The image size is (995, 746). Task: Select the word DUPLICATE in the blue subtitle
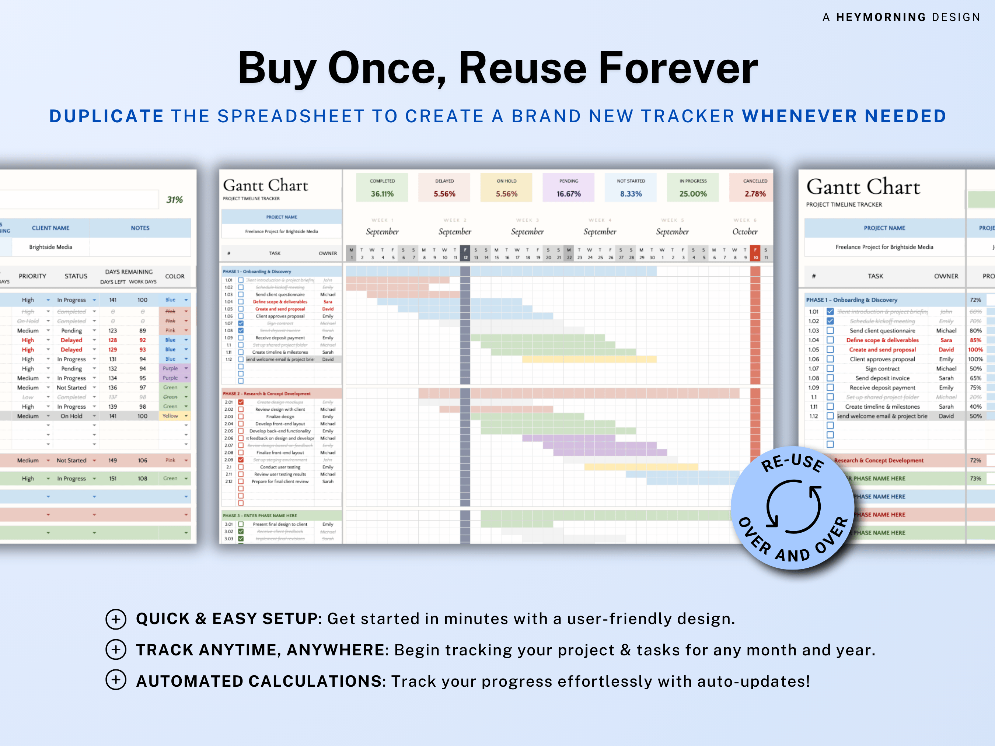[106, 116]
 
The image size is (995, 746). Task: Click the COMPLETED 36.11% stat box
[382, 188]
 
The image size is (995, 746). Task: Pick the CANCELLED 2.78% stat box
[755, 188]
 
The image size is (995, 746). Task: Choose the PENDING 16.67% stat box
[569, 188]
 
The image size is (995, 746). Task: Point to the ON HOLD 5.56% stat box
[506, 188]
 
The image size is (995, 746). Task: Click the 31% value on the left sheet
[175, 200]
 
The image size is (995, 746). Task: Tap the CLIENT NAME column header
[50, 228]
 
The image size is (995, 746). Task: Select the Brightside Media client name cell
[50, 247]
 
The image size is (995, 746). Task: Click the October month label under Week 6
[744, 232]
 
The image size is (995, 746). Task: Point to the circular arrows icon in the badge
[793, 506]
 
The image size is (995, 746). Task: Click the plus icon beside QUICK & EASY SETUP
[116, 619]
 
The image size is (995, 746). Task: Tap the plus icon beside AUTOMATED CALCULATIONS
[116, 680]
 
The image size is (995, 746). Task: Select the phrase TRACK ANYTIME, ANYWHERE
[260, 650]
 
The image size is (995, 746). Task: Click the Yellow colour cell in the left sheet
[171, 416]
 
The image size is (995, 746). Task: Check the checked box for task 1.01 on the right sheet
[830, 312]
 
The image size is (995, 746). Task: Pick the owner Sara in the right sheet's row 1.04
[946, 340]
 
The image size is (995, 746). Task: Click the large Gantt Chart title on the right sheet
[863, 187]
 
